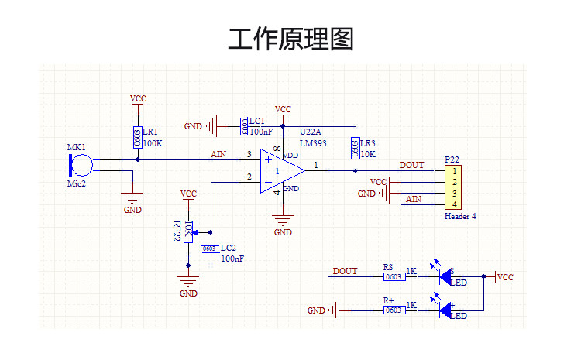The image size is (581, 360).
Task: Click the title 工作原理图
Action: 290,38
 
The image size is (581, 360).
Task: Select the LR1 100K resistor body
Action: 138,139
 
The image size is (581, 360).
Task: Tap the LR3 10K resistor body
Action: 356,148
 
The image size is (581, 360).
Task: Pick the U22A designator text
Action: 310,132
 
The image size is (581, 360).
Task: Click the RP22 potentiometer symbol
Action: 188,230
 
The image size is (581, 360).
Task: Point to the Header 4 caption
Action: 460,217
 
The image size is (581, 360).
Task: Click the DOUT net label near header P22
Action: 411,165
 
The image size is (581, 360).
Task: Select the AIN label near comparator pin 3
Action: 218,154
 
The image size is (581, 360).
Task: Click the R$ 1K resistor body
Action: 394,276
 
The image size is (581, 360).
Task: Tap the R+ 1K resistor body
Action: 394,310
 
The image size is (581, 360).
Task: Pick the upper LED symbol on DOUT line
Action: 447,276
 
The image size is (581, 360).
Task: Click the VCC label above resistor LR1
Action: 138,99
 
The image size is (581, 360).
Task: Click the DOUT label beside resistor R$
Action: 345,271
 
